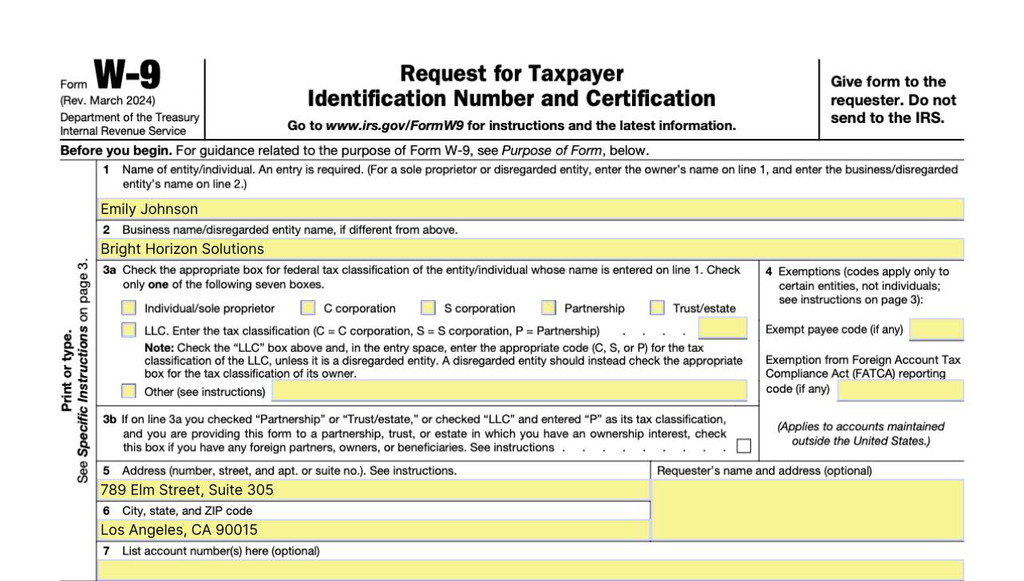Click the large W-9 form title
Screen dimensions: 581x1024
127,77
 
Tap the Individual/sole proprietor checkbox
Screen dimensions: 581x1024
129,308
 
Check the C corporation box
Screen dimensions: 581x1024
308,308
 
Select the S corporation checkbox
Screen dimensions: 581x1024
429,308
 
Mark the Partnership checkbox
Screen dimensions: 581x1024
548,308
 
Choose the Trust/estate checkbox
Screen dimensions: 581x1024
658,308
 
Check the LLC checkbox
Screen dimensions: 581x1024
129,330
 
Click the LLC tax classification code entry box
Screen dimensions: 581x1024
722,329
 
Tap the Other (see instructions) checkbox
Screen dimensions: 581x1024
129,391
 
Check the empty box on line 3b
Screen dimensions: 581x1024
743,446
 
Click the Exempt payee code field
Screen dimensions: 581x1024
936,329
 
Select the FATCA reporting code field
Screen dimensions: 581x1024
900,389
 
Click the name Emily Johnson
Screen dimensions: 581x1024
149,209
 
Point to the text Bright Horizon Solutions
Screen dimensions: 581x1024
182,249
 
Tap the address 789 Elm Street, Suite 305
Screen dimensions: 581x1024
187,489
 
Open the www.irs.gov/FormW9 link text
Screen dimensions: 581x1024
382,126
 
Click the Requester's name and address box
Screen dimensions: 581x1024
807,509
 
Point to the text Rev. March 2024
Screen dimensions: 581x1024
108,101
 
